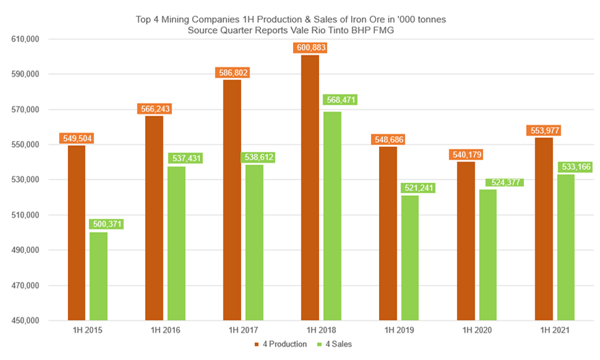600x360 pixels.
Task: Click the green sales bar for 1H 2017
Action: [x=254, y=242]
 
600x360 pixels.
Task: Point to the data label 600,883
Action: [x=310, y=47]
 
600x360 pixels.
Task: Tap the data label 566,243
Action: [x=154, y=109]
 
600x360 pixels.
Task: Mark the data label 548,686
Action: [x=388, y=140]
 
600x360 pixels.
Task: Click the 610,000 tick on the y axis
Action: [x=25, y=39]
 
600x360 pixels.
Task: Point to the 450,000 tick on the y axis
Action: [x=25, y=321]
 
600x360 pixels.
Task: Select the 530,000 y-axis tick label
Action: [x=25, y=180]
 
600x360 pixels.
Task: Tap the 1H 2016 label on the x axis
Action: [x=165, y=330]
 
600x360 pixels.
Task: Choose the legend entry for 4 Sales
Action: [x=335, y=345]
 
